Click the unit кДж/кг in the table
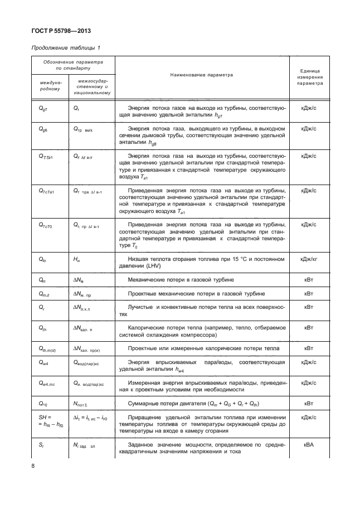coord(309,259)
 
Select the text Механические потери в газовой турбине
coord(182,279)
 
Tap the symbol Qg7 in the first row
coord(42,108)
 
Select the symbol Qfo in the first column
coord(42,260)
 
